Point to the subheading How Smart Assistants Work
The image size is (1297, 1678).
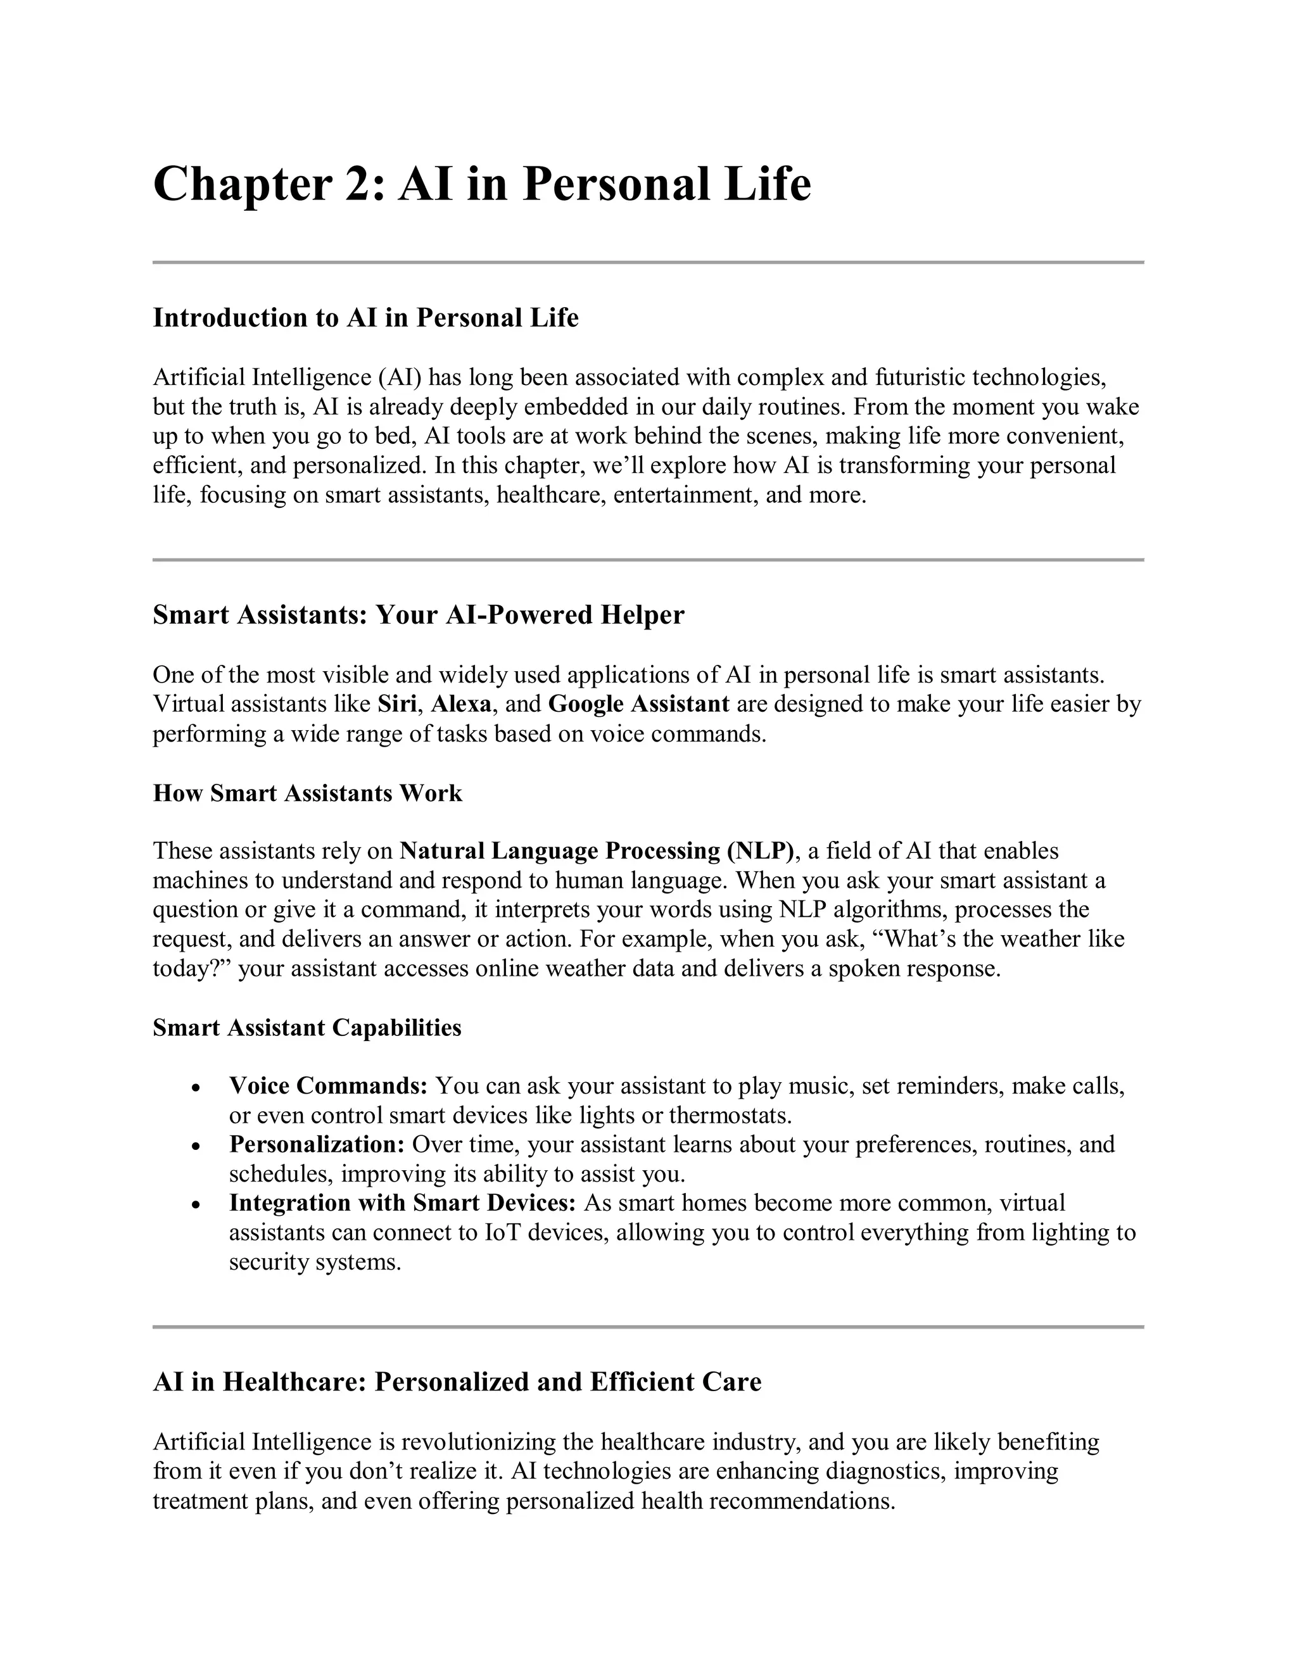pyautogui.click(x=307, y=793)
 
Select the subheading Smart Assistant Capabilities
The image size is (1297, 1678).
pyautogui.click(x=307, y=1027)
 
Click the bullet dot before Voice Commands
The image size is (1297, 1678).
pyautogui.click(x=197, y=1088)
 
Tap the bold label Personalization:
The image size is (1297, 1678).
pyautogui.click(x=317, y=1144)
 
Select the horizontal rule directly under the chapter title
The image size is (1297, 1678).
pyautogui.click(x=648, y=263)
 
